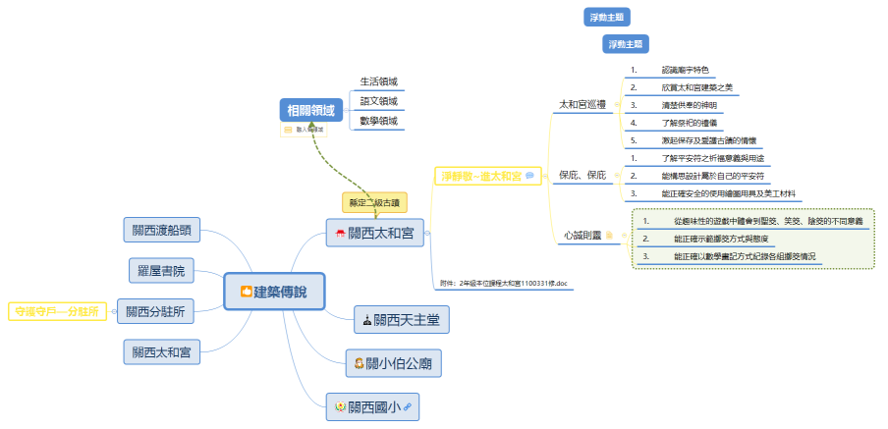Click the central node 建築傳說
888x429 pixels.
pos(274,291)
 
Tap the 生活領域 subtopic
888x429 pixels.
pos(378,81)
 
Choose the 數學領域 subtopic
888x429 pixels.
pos(378,121)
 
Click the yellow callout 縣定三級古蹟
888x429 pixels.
pos(373,202)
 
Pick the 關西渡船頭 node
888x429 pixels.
pos(162,231)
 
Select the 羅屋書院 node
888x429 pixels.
pos(162,269)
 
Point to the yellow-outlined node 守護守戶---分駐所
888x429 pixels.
pos(56,311)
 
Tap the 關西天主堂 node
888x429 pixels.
pos(402,319)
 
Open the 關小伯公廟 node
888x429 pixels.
pos(392,363)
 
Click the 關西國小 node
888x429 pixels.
pos(373,405)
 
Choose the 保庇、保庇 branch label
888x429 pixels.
pos(583,175)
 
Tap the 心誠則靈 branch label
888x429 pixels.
pos(582,236)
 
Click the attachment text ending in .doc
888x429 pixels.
pos(504,283)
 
